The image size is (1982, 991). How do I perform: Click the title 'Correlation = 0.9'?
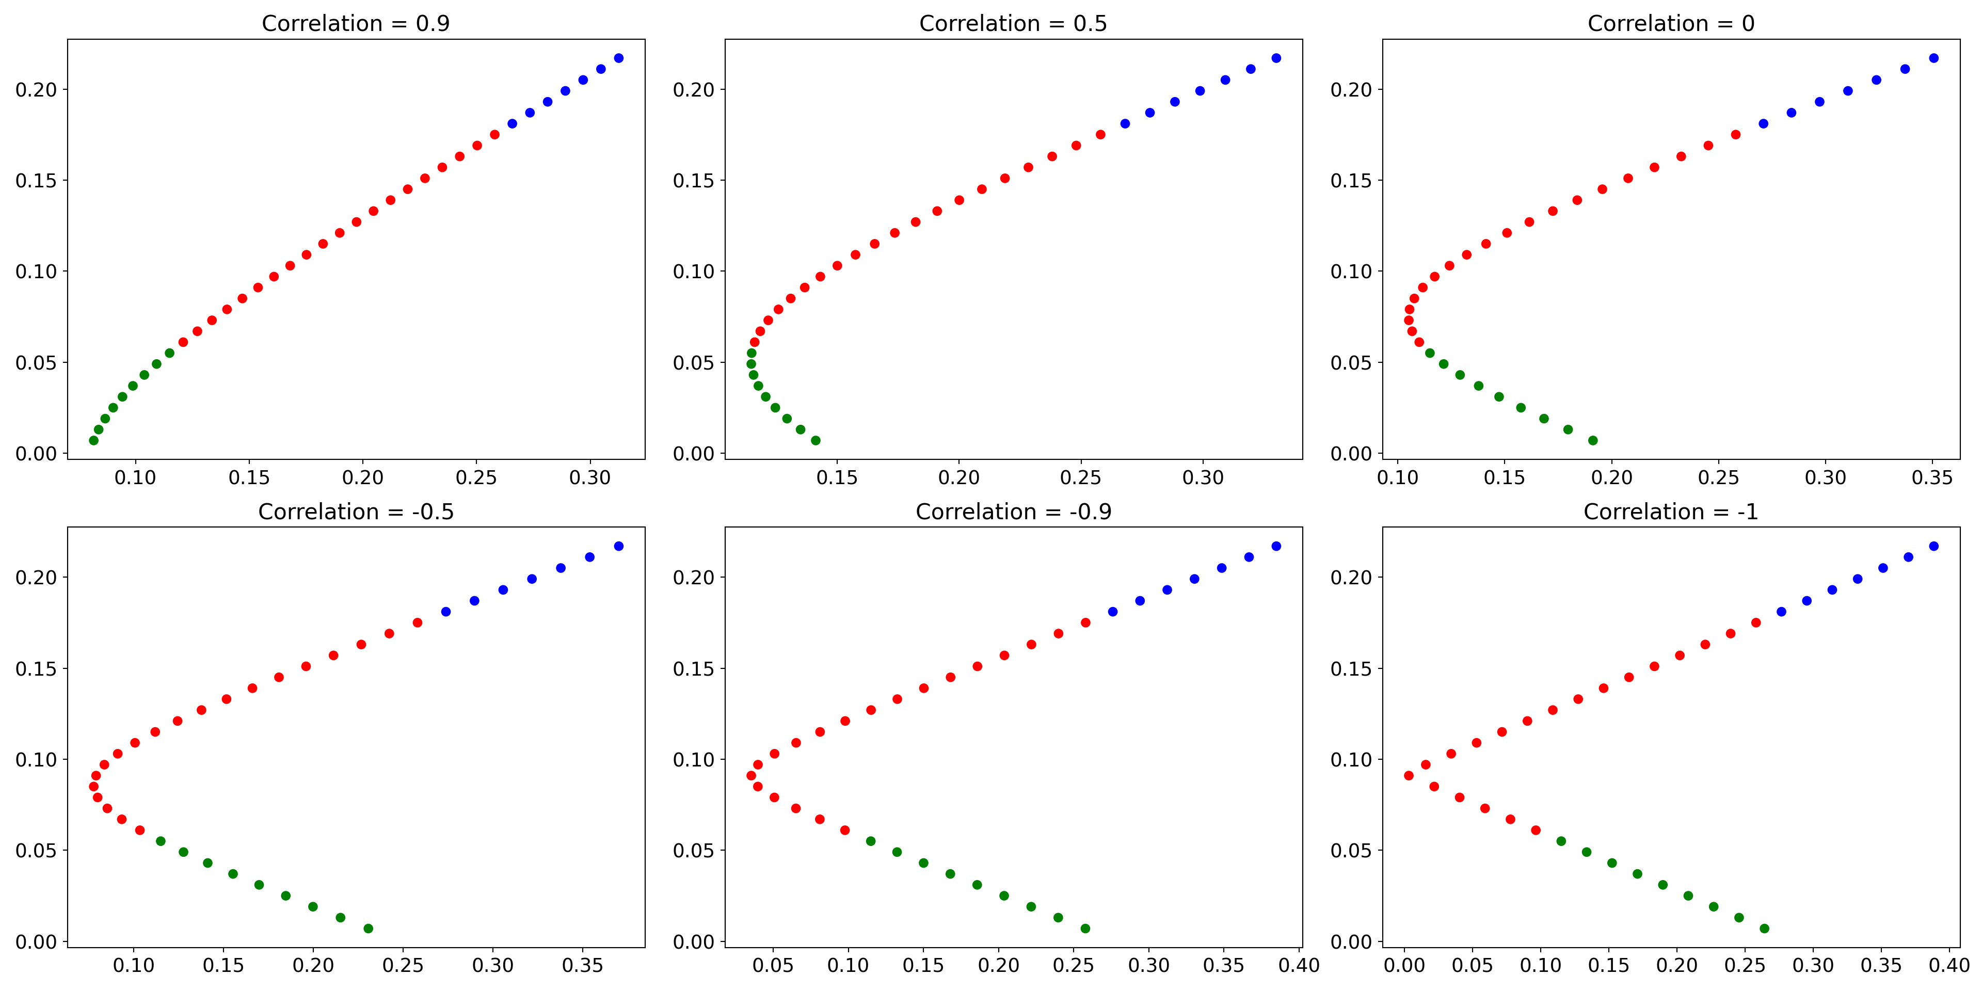(356, 23)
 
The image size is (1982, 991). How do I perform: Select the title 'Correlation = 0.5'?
(1013, 23)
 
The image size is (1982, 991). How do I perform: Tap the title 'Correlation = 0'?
(1670, 23)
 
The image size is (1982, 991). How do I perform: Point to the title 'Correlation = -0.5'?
(356, 512)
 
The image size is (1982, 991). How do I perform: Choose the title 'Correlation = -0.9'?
(1013, 512)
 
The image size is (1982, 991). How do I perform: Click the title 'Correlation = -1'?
(1670, 512)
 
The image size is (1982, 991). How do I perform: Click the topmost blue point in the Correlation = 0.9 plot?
(619, 58)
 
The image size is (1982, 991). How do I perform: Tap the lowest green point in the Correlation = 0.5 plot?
(816, 440)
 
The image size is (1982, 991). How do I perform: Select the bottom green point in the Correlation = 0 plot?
(1593, 440)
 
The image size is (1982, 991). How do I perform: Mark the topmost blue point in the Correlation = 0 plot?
(1933, 58)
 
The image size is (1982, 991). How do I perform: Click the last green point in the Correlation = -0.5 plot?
(369, 928)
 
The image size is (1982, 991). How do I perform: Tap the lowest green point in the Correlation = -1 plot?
(1764, 928)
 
